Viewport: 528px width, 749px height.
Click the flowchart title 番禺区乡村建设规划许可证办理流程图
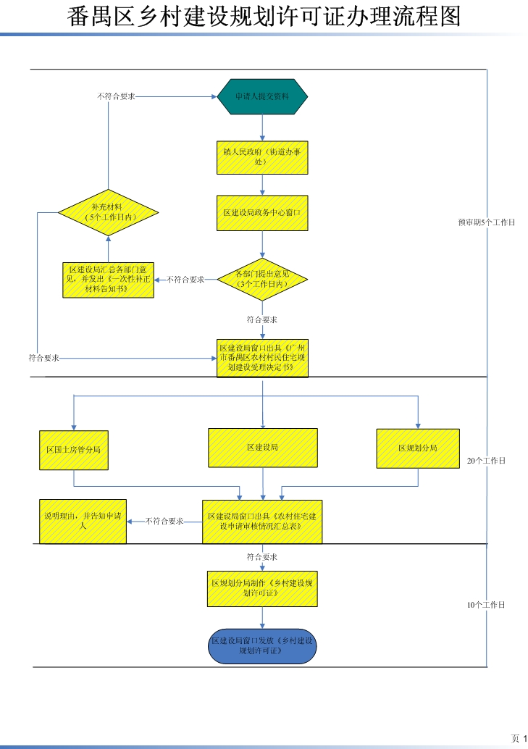pos(264,16)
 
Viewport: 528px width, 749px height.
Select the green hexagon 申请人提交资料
pos(263,96)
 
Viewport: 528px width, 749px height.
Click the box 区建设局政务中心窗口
pos(262,213)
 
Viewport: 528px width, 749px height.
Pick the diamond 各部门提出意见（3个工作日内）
pos(263,279)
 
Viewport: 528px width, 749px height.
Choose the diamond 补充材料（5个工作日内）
pos(108,212)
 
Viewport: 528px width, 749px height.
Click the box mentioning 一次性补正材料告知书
pos(108,280)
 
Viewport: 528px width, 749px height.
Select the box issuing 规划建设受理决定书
pos(263,358)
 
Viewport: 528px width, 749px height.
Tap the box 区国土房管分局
pos(73,449)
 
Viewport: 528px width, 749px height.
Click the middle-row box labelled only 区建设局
pos(263,448)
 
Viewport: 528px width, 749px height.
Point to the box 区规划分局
pos(418,448)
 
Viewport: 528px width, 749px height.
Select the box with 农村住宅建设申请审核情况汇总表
pos(263,522)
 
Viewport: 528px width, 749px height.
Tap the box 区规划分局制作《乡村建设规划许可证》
pos(263,587)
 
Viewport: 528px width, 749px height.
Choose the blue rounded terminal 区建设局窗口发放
pos(263,646)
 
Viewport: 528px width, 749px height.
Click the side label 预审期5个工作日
pos(486,222)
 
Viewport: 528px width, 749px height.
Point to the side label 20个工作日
pos(486,461)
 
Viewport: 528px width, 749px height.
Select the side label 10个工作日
pos(486,604)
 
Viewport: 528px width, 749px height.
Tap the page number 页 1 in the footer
pos(519,738)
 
